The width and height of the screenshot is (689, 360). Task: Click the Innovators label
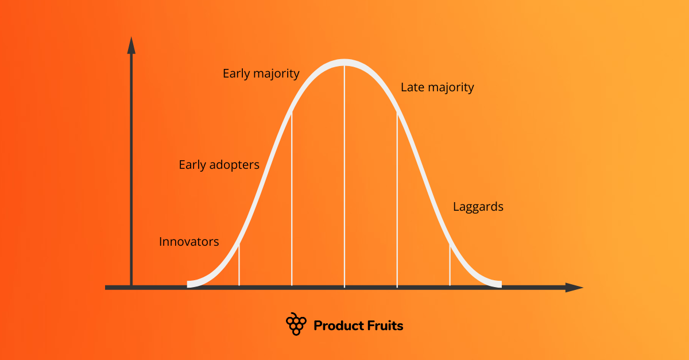(189, 242)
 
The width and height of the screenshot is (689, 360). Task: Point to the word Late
(412, 87)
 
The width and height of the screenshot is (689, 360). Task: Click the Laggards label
(478, 207)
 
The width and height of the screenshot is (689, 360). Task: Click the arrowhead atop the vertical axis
(131, 45)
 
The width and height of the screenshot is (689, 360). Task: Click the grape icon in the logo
(296, 324)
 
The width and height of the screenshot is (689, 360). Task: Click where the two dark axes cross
(131, 287)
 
